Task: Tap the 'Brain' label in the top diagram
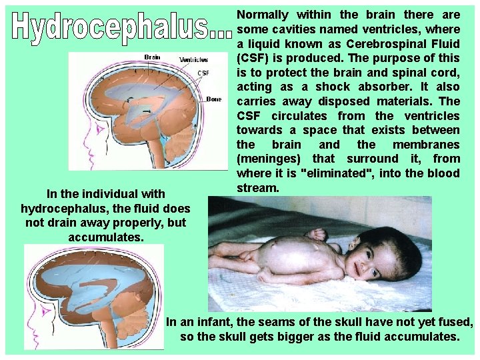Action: [152, 57]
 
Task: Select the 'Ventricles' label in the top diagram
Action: [193, 59]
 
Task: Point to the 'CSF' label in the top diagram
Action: [203, 73]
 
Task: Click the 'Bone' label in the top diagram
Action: [214, 99]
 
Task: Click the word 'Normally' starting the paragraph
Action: [263, 14]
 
